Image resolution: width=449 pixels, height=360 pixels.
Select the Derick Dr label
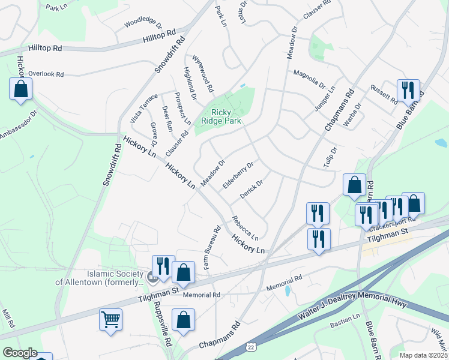pyautogui.click(x=252, y=191)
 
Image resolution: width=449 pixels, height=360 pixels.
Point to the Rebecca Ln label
pyautogui.click(x=246, y=227)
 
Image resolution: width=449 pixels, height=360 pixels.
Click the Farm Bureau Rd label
pyautogui.click(x=213, y=247)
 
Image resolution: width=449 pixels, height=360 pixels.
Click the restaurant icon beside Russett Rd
pyautogui.click(x=408, y=91)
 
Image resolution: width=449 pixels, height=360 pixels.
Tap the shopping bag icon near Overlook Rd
pyautogui.click(x=20, y=89)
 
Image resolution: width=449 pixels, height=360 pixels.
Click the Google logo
pyautogui.click(x=20, y=353)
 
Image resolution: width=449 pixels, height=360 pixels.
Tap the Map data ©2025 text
pyautogui.click(x=423, y=355)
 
